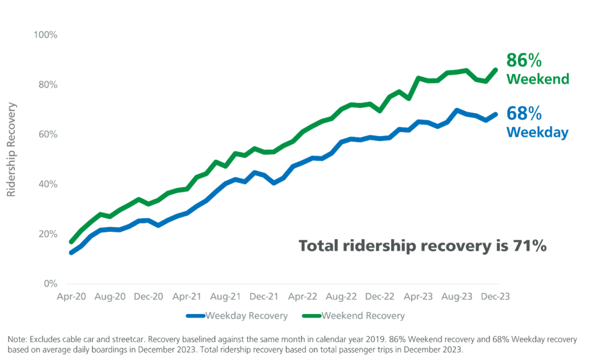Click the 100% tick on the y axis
coord(45,36)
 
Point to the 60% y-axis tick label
coord(47,135)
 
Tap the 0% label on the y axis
coord(51,284)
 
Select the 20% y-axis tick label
coord(47,234)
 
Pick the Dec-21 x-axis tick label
coord(264,297)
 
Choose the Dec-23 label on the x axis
coord(495,297)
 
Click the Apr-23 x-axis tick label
coord(418,297)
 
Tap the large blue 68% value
coord(523,114)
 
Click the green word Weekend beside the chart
coord(538,79)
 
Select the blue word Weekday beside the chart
coord(537,132)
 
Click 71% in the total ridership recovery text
coord(529,246)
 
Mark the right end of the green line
coord(496,69)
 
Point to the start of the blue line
coord(71,252)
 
